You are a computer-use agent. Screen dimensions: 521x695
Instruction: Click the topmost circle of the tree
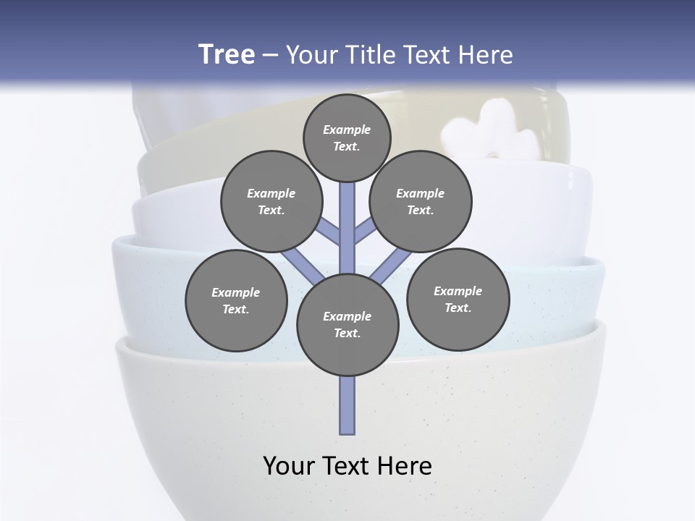pos(347,138)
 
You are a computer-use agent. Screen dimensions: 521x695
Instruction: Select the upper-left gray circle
pos(271,202)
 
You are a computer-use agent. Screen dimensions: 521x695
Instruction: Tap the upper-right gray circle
pos(421,202)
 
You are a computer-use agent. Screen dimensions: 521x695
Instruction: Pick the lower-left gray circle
pos(236,301)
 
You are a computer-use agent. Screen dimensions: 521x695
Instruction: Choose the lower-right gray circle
pos(458,299)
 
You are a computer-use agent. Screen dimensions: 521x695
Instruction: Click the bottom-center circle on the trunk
pos(347,325)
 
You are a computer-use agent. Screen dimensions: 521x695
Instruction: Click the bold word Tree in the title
pos(227,54)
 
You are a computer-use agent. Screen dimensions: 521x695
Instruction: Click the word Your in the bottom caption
pos(289,465)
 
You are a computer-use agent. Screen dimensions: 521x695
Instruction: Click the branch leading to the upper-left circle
pos(329,232)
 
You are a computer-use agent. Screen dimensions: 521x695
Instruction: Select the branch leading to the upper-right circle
pos(364,232)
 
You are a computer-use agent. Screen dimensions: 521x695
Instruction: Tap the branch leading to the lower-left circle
pos(303,266)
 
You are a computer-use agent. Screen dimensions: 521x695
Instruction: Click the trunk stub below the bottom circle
pos(347,405)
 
